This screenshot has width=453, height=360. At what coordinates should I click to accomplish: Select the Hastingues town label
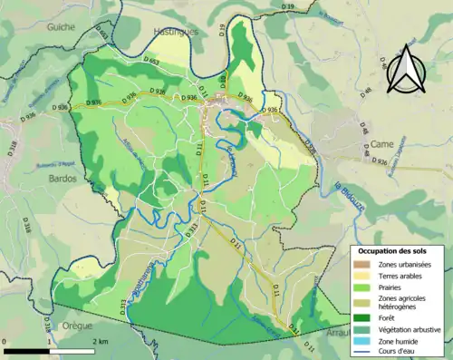(175, 31)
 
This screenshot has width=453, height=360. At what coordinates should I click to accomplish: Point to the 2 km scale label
(101, 342)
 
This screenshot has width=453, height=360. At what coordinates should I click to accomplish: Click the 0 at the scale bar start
(6, 342)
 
